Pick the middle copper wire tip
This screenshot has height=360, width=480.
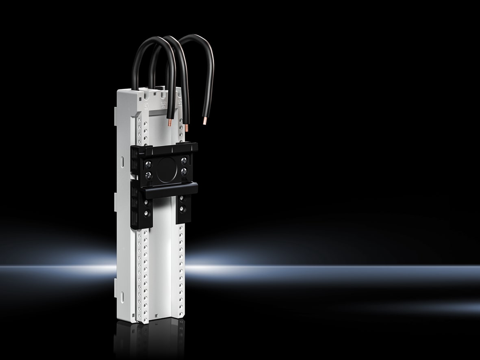pos(187,129)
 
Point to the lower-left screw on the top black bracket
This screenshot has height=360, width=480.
pos(149,176)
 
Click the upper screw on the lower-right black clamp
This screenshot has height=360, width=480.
pos(182,199)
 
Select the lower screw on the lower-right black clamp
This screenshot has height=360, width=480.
pos(182,209)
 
